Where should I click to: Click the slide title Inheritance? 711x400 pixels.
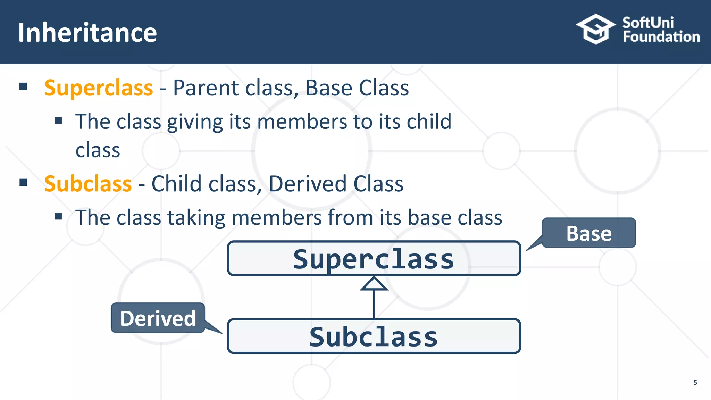pyautogui.click(x=87, y=33)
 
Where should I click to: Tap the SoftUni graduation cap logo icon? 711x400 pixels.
pyautogui.click(x=595, y=29)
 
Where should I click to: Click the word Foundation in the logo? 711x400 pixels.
pyautogui.click(x=661, y=37)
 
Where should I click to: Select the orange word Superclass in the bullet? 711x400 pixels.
pyautogui.click(x=99, y=88)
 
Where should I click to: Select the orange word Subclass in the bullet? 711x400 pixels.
pyautogui.click(x=88, y=184)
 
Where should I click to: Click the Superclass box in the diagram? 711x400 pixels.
pyautogui.click(x=374, y=259)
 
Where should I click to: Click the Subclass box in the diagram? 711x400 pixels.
pyautogui.click(x=374, y=336)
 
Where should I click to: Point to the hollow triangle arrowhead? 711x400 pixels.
pyautogui.click(x=374, y=284)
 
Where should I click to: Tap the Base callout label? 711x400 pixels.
pyautogui.click(x=589, y=233)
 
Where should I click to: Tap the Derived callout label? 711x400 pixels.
pyautogui.click(x=158, y=318)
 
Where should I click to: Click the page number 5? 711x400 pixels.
pyautogui.click(x=695, y=383)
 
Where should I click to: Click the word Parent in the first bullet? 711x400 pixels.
pyautogui.click(x=206, y=88)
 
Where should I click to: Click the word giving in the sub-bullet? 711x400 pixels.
pyautogui.click(x=195, y=122)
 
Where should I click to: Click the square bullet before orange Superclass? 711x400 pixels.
pyautogui.click(x=23, y=86)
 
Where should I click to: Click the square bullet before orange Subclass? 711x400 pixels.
pyautogui.click(x=23, y=182)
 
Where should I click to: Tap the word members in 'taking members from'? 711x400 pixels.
pyautogui.click(x=276, y=218)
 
